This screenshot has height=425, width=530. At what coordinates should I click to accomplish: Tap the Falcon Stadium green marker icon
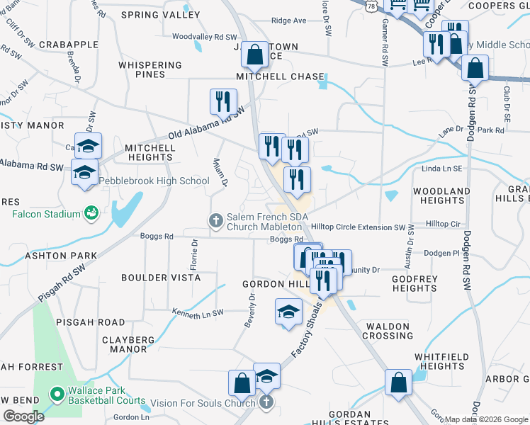coord(91,212)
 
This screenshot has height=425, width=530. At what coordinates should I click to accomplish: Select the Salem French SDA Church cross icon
coord(216,222)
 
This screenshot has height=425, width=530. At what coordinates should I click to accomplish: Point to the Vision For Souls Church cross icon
coord(266,402)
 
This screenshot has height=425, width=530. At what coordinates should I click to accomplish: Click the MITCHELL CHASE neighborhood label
coord(280,76)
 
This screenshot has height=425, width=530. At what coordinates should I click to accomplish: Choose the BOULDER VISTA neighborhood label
coord(160,278)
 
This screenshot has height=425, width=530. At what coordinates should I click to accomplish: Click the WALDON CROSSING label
coord(388,331)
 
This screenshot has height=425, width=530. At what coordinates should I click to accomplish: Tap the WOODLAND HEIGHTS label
coord(441,196)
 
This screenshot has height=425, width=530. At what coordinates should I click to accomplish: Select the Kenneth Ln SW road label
coord(198,312)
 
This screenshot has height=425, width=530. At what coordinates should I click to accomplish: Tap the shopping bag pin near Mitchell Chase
coord(254,54)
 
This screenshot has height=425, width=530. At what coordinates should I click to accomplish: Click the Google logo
coord(23,416)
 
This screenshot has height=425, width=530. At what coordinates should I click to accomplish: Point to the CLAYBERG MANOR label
coord(128,344)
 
